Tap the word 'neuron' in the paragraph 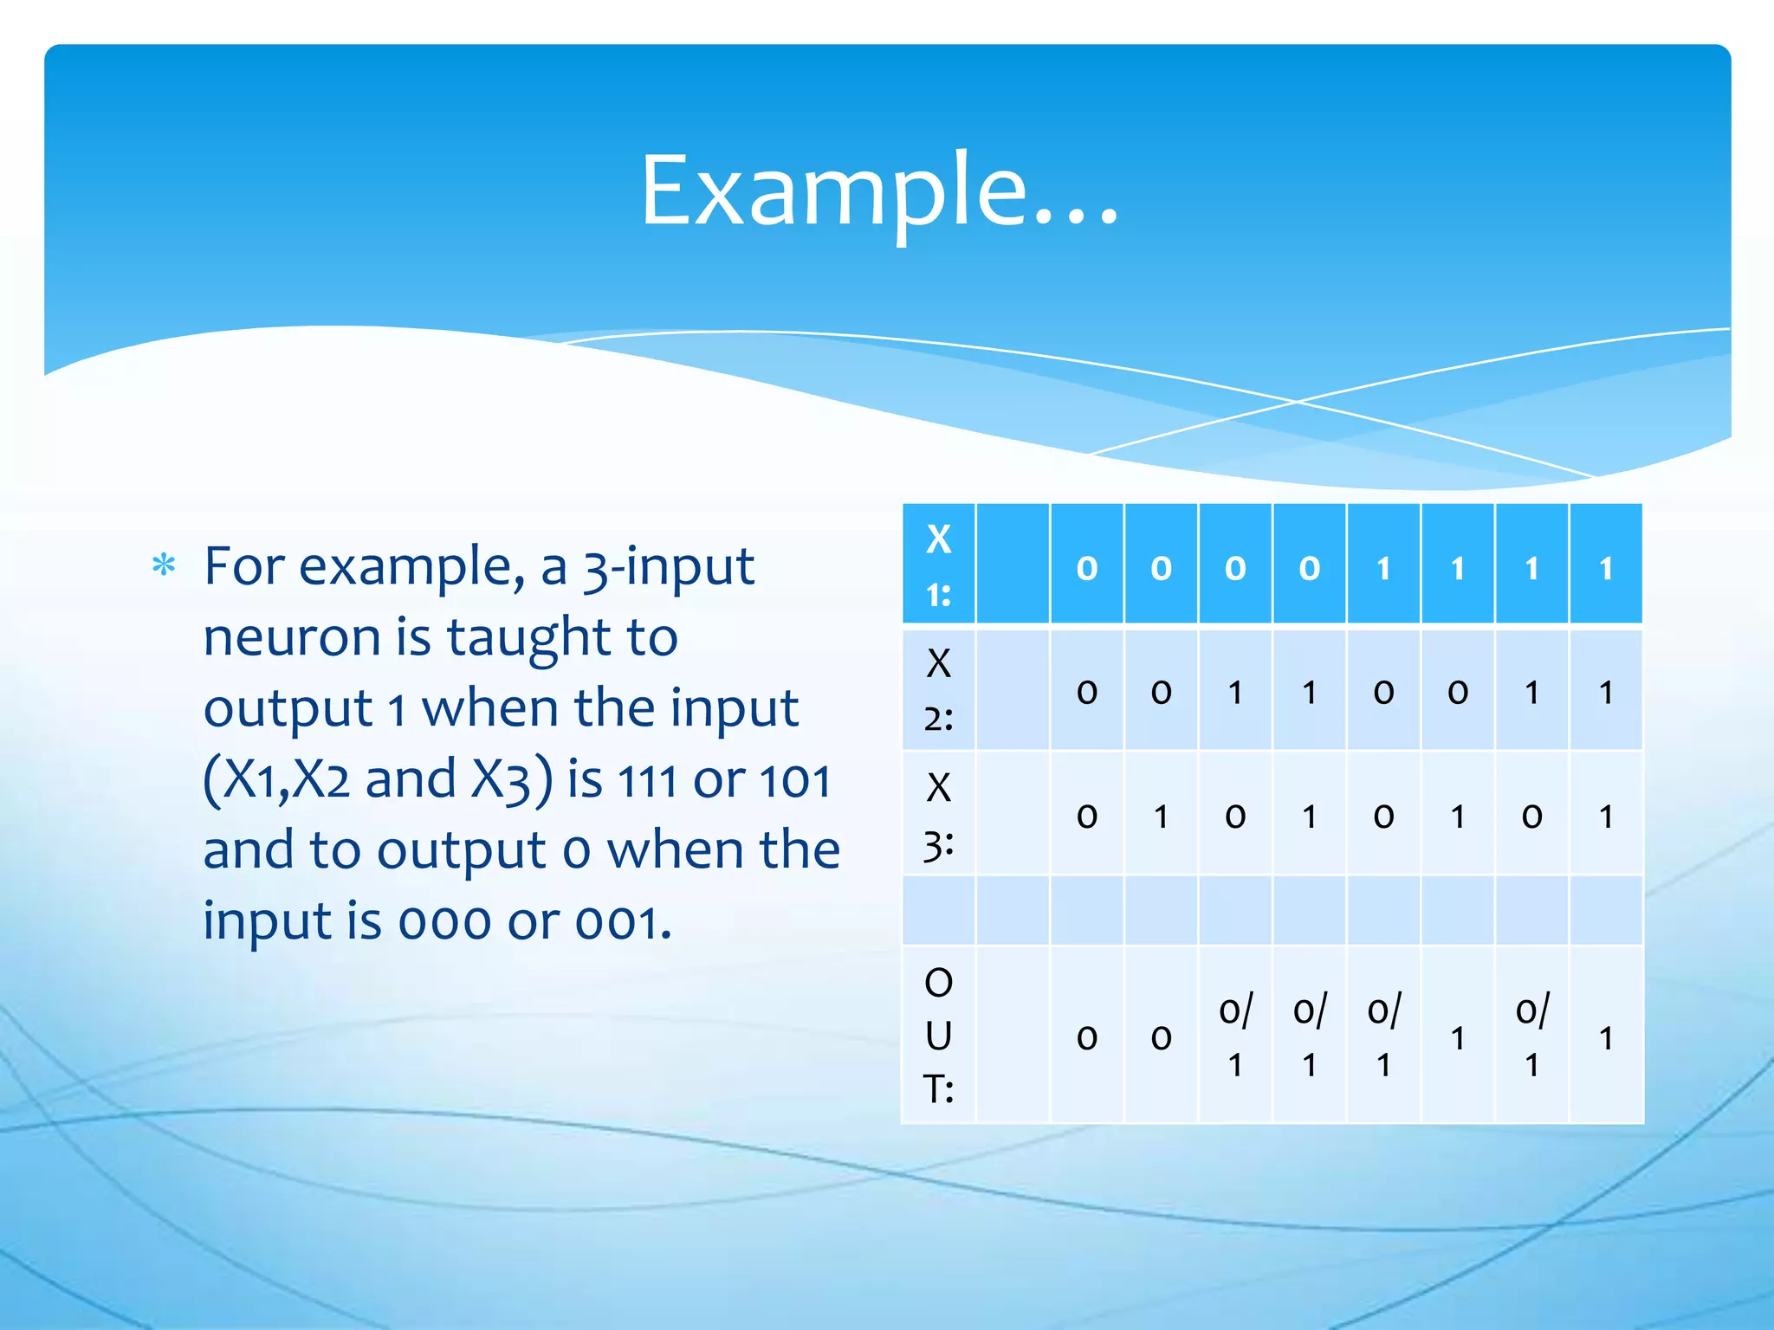tap(291, 638)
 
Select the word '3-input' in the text tap(668, 567)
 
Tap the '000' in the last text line tap(445, 922)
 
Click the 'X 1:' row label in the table tap(938, 565)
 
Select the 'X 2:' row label tap(938, 690)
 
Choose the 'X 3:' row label tap(938, 815)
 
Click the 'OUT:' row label tap(938, 1036)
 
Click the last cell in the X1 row tap(1606, 568)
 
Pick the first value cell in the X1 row tap(1086, 568)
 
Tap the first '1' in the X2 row tap(1235, 692)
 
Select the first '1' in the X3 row tap(1161, 816)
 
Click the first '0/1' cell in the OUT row tap(1235, 1036)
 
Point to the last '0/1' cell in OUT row tap(1531, 1036)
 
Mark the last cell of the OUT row tap(1606, 1037)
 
